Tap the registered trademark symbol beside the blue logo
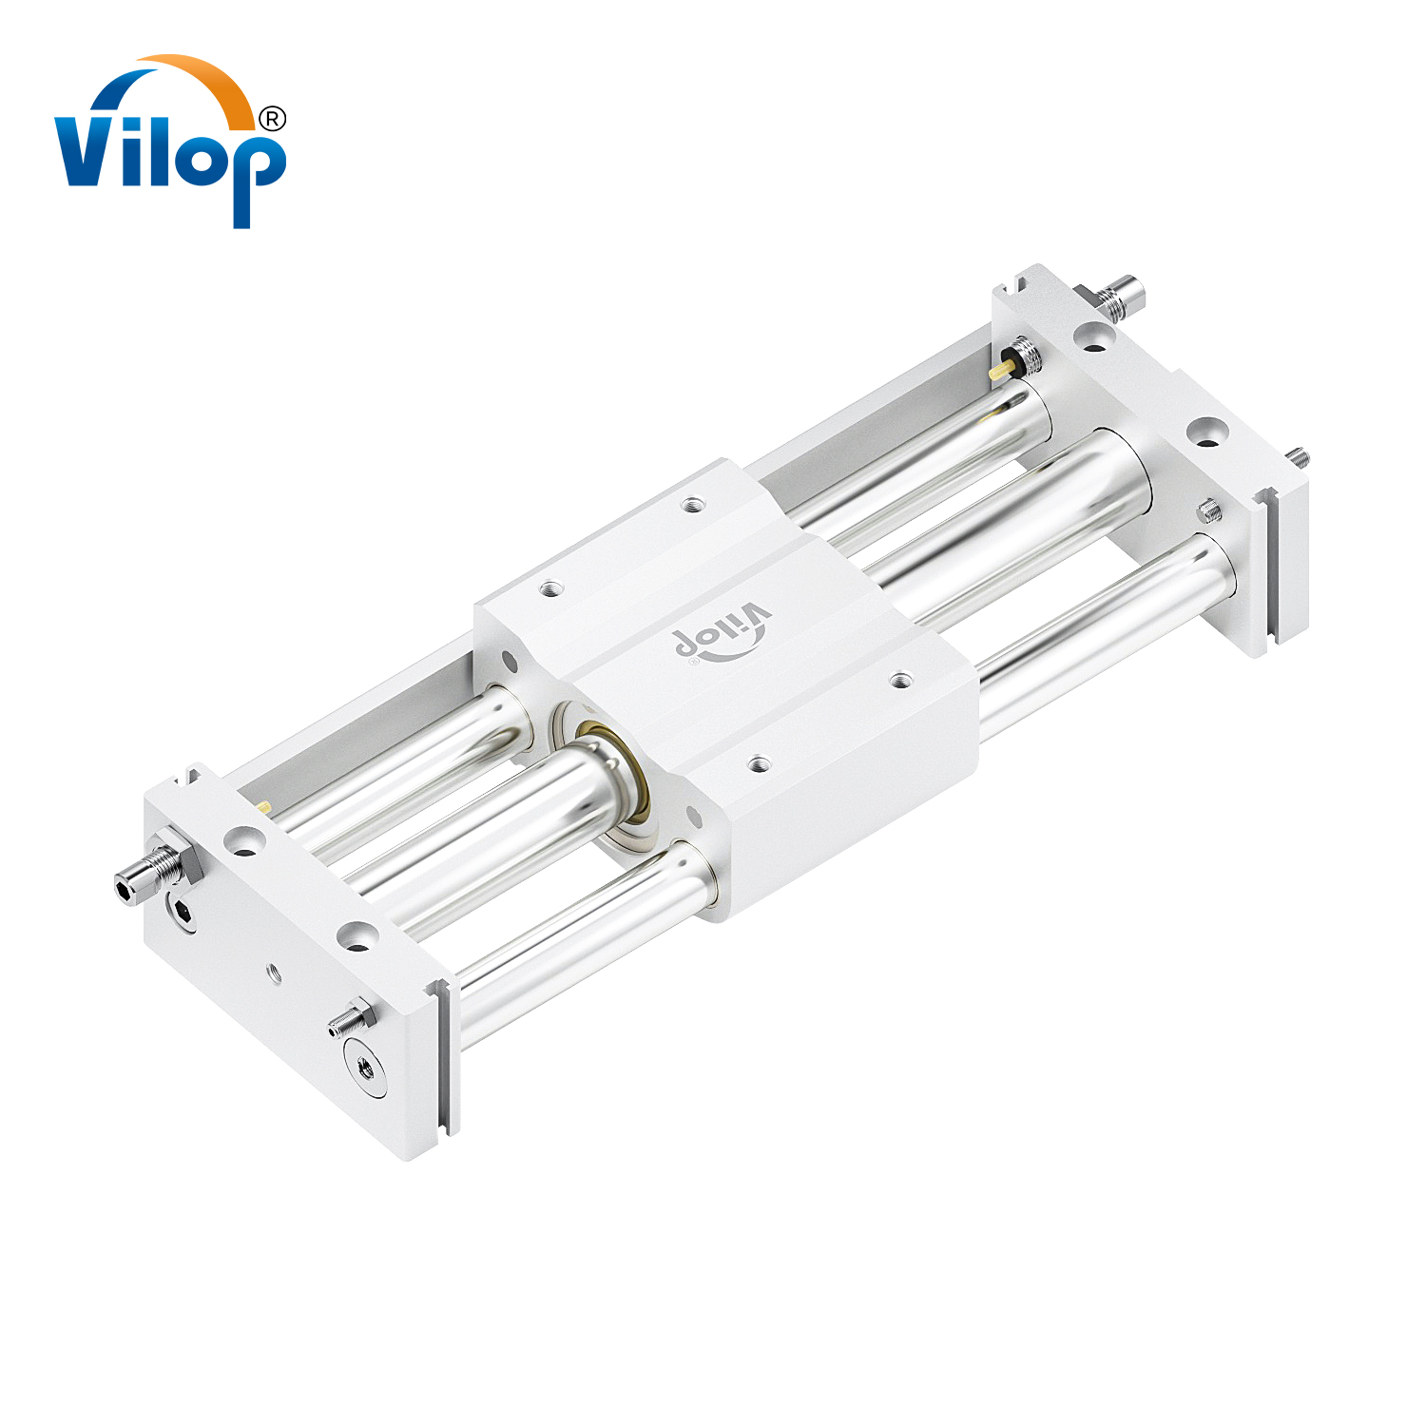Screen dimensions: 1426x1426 272,119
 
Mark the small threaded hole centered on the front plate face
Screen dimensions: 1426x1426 274,972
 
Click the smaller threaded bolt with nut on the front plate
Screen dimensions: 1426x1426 349,1020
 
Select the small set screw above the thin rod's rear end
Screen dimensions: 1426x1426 1208,511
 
